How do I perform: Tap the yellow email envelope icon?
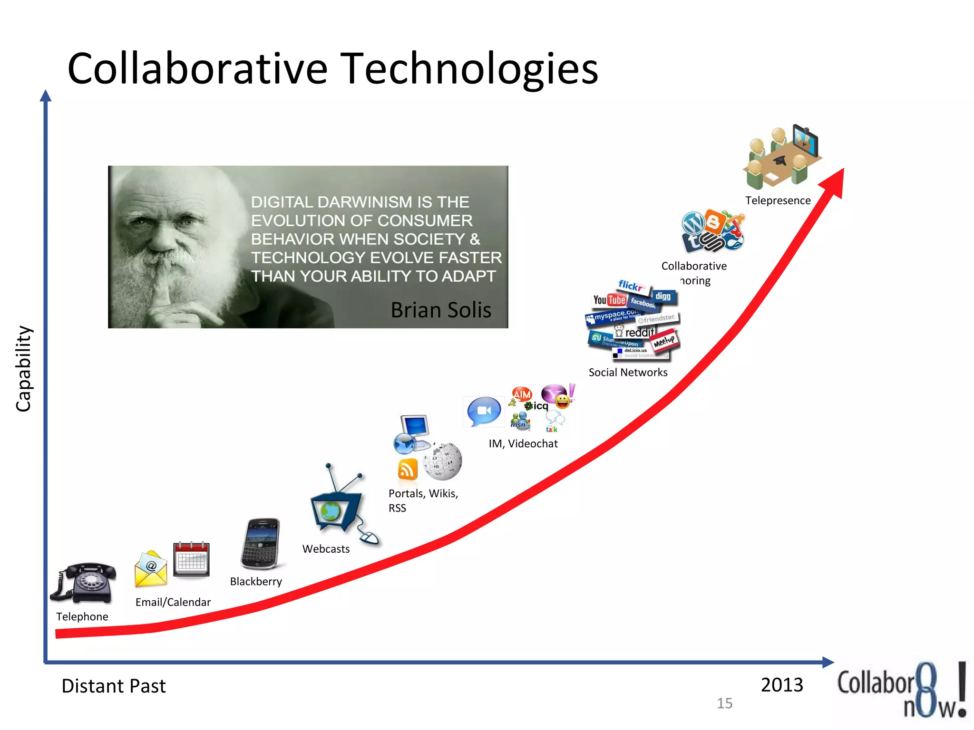point(151,569)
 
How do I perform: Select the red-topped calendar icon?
point(191,559)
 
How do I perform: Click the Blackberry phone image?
point(261,544)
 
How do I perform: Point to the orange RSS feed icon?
point(408,470)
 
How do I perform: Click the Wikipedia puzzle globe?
point(443,460)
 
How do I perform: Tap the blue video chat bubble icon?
point(484,411)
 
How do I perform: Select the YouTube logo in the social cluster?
point(609,300)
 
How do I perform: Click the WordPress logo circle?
point(694,222)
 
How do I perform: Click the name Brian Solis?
point(441,310)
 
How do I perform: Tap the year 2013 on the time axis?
point(781,685)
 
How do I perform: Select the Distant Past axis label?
point(114,686)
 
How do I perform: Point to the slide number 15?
point(724,703)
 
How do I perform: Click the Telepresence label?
point(778,201)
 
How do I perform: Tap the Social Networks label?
point(628,373)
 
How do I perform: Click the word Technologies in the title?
point(469,69)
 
